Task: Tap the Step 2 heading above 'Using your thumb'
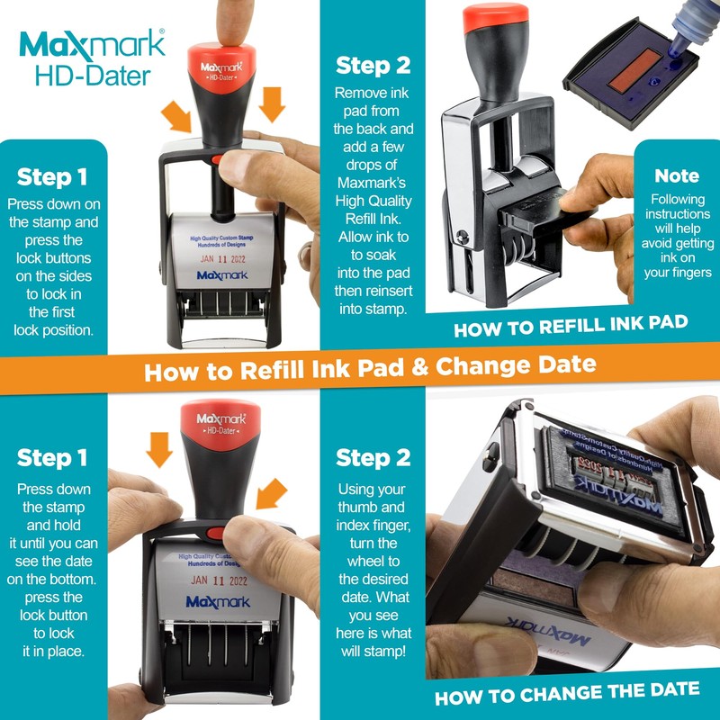[373, 457]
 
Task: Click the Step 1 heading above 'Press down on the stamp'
[52, 175]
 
